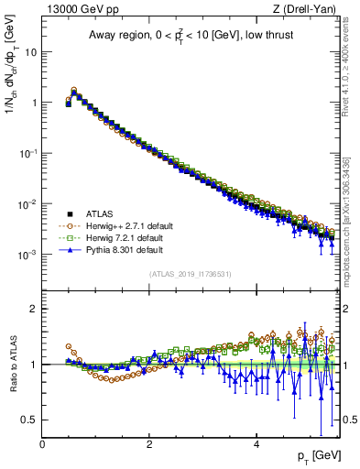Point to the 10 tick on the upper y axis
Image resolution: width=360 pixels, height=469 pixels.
coord(30,52)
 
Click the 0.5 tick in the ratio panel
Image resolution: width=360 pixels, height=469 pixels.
coord(28,420)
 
